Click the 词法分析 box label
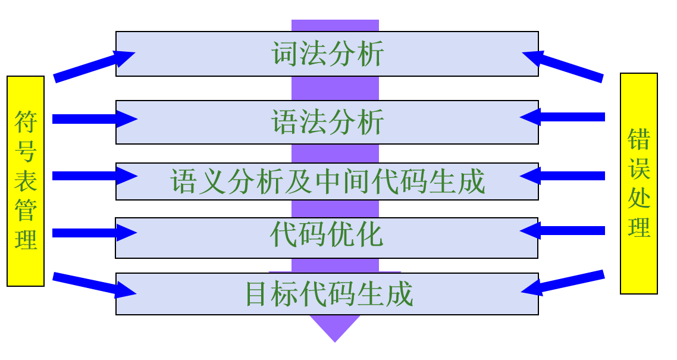tap(328, 54)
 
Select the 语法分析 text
tap(328, 123)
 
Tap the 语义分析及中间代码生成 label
tap(328, 181)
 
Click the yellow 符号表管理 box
tap(26, 181)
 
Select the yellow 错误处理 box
tap(639, 183)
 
